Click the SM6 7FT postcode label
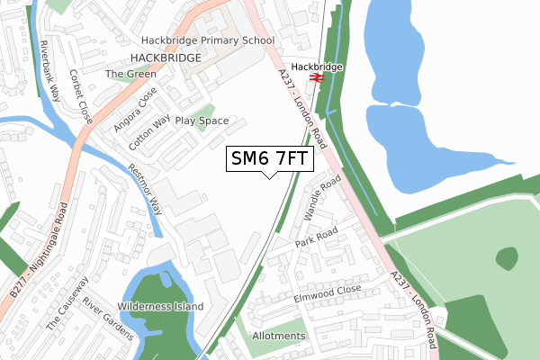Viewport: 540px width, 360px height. tap(270, 159)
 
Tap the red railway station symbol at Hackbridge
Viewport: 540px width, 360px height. tap(317, 78)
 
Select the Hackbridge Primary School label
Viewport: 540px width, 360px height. tap(207, 40)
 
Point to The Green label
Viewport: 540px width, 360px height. tap(124, 74)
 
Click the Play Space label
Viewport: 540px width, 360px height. tap(202, 120)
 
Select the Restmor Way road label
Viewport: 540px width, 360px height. tap(144, 188)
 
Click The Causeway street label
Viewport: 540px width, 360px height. tap(64, 302)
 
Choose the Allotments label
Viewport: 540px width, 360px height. tap(279, 336)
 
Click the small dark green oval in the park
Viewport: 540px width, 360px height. tap(508, 258)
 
